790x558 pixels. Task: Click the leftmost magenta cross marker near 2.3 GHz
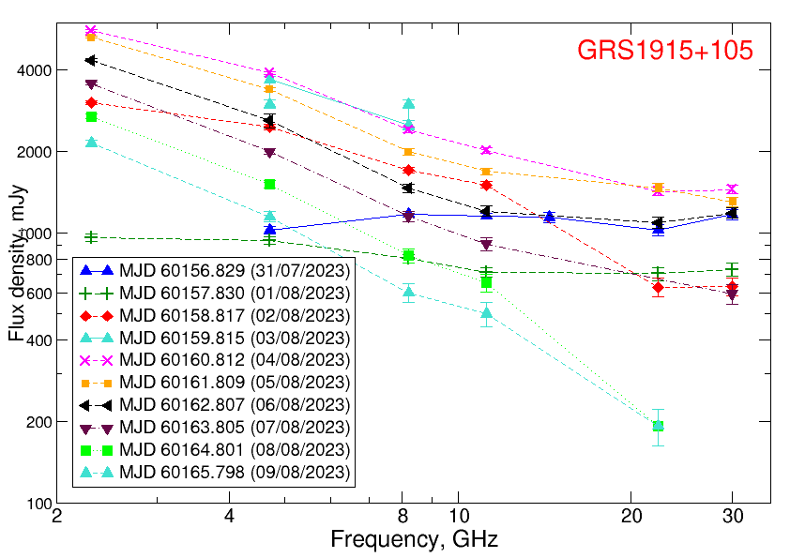[91, 31]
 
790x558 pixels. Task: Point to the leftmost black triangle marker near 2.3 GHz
[91, 60]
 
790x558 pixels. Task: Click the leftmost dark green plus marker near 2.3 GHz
[91, 237]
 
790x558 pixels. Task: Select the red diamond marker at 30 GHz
[732, 287]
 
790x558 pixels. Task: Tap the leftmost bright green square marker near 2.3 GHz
[91, 117]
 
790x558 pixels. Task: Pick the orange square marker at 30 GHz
[732, 202]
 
